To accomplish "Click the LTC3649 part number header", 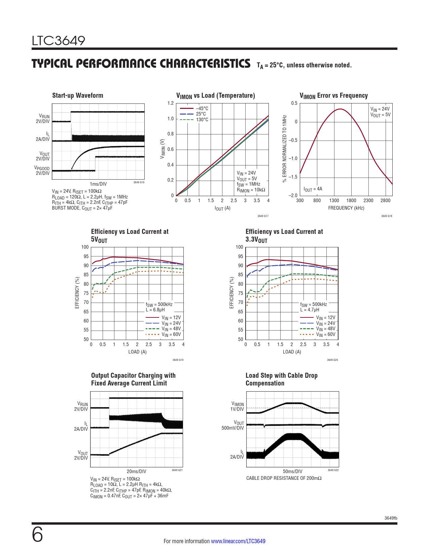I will coord(59,41).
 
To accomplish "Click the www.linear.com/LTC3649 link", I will coord(238,541).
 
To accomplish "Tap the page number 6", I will coord(37,535).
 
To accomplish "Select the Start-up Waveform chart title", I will coord(78,96).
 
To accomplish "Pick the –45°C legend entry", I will coord(202,109).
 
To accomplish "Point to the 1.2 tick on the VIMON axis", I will coord(171,103).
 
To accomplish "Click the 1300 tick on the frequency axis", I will coord(334,200).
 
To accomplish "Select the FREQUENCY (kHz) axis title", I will coord(346,208).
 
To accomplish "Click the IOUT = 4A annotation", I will coord(313,189).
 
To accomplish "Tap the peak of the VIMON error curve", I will coord(341,109).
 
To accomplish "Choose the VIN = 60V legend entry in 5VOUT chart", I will coord(171,335).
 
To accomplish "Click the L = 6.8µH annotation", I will coord(155,310).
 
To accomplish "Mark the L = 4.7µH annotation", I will coord(310,310).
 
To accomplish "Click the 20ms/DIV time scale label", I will coord(136,471).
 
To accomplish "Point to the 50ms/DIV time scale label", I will coord(292,471).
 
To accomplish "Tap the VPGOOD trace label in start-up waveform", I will coord(42,171).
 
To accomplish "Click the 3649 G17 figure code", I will coord(263,216).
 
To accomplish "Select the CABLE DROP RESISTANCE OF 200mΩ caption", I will coord(284,478).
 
